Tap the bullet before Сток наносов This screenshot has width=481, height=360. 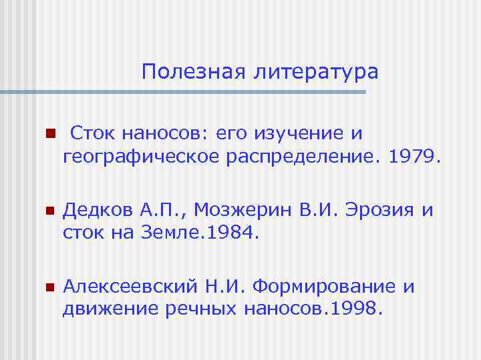click(48, 134)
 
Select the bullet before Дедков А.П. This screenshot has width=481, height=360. click(48, 211)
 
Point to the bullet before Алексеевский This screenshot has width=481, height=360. click(48, 288)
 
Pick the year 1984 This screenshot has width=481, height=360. click(231, 234)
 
